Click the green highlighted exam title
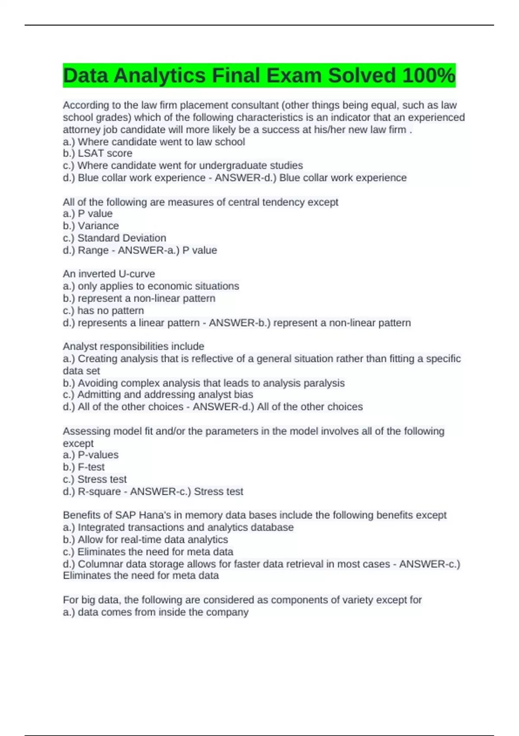259,75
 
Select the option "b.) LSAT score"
98,153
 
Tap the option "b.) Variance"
91,226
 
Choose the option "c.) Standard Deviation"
115,238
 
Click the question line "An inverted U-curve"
109,274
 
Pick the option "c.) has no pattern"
103,310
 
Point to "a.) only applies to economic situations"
151,286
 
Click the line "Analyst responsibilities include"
134,346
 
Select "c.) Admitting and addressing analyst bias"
158,394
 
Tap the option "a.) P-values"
91,455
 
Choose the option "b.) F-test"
84,467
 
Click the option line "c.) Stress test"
95,479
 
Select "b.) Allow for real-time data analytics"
145,539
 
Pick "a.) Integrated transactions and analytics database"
178,527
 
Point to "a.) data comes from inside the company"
156,612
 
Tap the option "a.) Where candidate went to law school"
154,142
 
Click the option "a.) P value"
88,213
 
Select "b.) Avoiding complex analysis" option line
204,383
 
